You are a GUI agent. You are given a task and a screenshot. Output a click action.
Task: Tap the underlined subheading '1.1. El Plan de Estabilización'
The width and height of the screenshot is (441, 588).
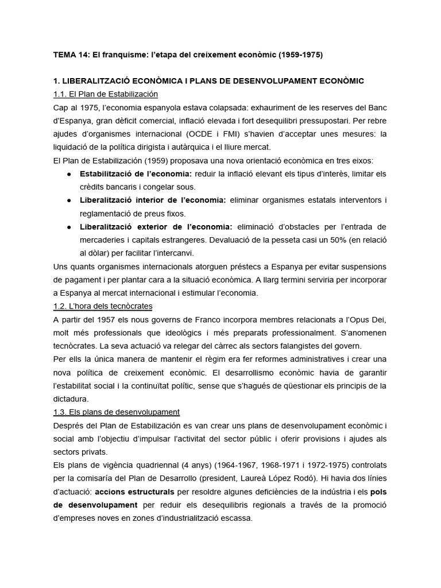(x=105, y=94)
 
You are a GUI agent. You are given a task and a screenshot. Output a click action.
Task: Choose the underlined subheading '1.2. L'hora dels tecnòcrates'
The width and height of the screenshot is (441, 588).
(x=102, y=305)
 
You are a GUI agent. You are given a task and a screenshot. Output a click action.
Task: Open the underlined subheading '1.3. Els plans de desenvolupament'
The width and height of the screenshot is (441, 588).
(x=117, y=412)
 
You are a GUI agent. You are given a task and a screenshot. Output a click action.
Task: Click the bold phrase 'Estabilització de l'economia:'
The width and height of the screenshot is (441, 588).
(x=137, y=173)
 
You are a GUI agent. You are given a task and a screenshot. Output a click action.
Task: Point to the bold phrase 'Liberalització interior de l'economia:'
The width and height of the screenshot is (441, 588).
(x=153, y=200)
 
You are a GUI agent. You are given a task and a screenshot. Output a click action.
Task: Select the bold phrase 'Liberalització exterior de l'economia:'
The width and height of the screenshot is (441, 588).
(x=156, y=226)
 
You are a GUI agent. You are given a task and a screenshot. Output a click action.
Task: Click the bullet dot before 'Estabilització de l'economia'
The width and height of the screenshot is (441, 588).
(x=69, y=173)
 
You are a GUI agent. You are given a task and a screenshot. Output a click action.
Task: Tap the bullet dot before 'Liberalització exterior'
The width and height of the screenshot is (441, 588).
(x=69, y=226)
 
